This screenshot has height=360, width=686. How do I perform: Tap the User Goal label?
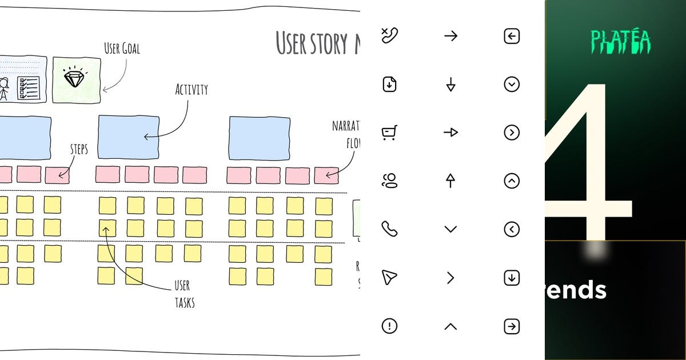point(122,49)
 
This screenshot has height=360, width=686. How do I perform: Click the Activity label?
point(191,90)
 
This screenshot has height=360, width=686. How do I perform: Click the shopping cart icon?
point(389,133)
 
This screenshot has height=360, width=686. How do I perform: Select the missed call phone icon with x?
point(389,35)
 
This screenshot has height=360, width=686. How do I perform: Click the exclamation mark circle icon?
point(389,326)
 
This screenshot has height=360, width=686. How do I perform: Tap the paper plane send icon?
point(389,278)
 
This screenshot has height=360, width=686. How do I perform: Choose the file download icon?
point(389,84)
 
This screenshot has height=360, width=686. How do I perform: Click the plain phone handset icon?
point(389,229)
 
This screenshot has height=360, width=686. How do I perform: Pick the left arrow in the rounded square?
point(512,36)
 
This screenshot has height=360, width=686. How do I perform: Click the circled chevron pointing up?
point(512,181)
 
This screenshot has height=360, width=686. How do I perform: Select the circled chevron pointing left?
point(512,229)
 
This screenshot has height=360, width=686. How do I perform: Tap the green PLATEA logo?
point(620,42)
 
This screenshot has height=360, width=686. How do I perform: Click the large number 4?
point(589,166)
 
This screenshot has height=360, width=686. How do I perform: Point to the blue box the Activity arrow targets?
point(129,137)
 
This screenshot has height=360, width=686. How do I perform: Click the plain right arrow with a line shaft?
point(450,36)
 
